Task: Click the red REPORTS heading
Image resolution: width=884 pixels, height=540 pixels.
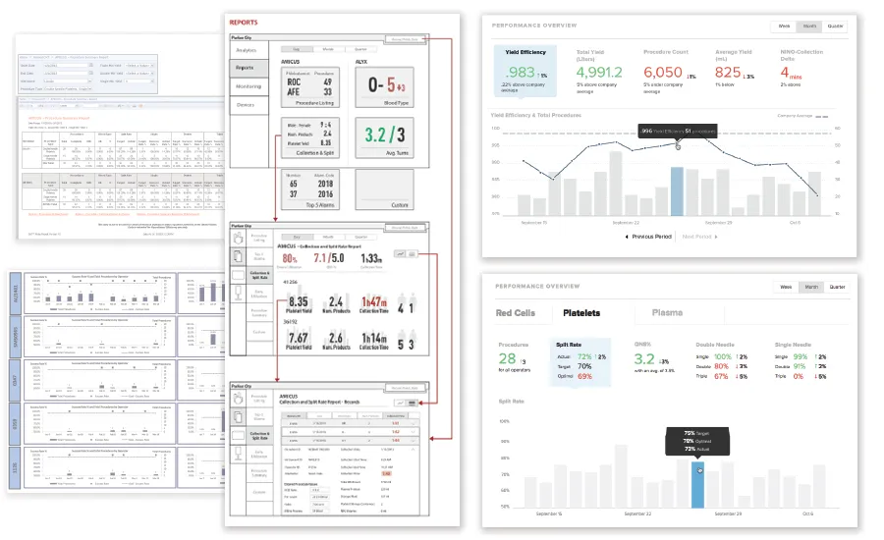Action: coord(245,22)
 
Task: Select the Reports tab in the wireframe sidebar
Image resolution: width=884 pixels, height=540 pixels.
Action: coord(247,68)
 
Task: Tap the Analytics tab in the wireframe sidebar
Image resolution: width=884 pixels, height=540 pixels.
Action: coord(247,50)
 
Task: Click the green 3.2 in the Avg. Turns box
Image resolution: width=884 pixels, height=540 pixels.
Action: coord(377,135)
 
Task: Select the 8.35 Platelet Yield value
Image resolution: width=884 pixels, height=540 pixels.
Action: coord(300,303)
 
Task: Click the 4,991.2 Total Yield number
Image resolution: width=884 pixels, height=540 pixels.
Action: coord(600,73)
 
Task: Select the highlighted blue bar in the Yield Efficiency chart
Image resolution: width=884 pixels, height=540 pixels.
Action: coord(677,190)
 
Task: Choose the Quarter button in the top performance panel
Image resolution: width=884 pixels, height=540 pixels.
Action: coord(836,26)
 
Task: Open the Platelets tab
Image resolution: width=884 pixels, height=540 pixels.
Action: coord(580,314)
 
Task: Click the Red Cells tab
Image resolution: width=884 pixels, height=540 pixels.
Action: coord(516,314)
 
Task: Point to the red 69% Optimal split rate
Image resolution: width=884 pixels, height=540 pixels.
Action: coord(585,377)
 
